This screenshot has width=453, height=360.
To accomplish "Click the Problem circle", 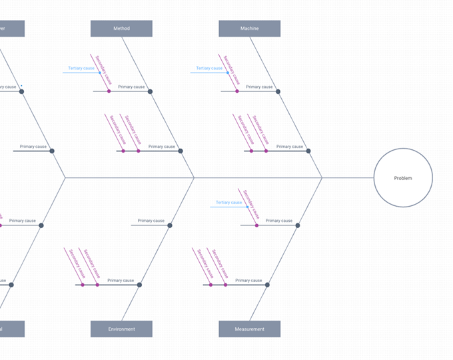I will click(x=403, y=178).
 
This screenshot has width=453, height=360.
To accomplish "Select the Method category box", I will click(x=121, y=29).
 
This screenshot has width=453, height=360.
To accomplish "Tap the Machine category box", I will click(x=249, y=29).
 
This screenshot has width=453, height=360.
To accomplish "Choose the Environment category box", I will click(x=121, y=329).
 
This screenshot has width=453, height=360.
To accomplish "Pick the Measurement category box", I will click(x=249, y=329).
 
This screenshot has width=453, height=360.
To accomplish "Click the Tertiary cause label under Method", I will click(x=81, y=68).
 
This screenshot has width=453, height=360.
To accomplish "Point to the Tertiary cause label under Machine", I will click(x=209, y=68).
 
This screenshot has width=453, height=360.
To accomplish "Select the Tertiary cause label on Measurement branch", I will click(x=228, y=202).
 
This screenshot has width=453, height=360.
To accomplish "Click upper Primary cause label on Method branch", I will click(x=131, y=87).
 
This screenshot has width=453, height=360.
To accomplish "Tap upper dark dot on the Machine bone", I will click(x=278, y=91).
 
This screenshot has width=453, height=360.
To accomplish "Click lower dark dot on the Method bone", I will click(x=181, y=151).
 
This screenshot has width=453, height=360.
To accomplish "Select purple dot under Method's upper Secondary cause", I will click(x=109, y=91).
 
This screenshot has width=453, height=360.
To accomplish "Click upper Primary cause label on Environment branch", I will click(x=151, y=221).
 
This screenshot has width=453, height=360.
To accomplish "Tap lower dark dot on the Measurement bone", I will click(x=267, y=285).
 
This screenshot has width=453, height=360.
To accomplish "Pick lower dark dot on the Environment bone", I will click(x=139, y=285).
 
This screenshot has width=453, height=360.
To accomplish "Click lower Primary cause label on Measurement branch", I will click(x=248, y=281).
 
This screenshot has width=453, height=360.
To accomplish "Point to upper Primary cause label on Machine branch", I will click(x=259, y=87).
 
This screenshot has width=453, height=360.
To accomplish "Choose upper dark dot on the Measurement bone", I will click(x=298, y=225).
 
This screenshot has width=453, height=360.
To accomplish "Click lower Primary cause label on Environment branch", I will click(x=121, y=281).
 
